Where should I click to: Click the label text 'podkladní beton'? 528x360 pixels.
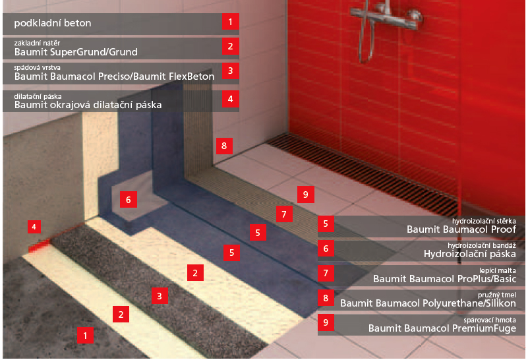pyautogui.click(x=53, y=23)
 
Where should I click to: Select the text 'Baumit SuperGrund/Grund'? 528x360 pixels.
pyautogui.click(x=76, y=52)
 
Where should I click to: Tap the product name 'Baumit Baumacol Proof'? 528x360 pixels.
pyautogui.click(x=461, y=229)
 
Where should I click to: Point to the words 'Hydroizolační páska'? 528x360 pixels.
pyautogui.click(x=470, y=254)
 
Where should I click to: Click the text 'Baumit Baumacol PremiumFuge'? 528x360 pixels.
pyautogui.click(x=442, y=328)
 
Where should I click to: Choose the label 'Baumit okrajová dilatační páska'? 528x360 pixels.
pyautogui.click(x=88, y=105)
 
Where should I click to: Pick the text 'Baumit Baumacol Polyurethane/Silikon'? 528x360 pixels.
pyautogui.click(x=428, y=303)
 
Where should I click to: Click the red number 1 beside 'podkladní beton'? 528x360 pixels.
pyautogui.click(x=230, y=22)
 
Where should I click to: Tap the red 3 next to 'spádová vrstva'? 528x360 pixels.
pyautogui.click(x=230, y=71)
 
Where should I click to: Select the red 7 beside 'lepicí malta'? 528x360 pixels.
pyautogui.click(x=326, y=273)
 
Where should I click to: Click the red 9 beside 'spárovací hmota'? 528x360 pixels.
pyautogui.click(x=326, y=322)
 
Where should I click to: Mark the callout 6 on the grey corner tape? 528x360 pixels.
pyautogui.click(x=129, y=200)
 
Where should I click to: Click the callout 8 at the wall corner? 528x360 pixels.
pyautogui.click(x=224, y=146)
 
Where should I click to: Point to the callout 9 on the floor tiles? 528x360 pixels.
pyautogui.click(x=306, y=195)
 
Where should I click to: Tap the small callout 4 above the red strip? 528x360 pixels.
pyautogui.click(x=34, y=227)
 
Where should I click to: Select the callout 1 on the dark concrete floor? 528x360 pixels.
pyautogui.click(x=85, y=336)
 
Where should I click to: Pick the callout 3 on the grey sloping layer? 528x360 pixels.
pyautogui.click(x=160, y=295)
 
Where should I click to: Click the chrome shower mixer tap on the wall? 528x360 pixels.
pyautogui.click(x=386, y=17)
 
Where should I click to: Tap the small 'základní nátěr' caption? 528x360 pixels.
pyautogui.click(x=37, y=43)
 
